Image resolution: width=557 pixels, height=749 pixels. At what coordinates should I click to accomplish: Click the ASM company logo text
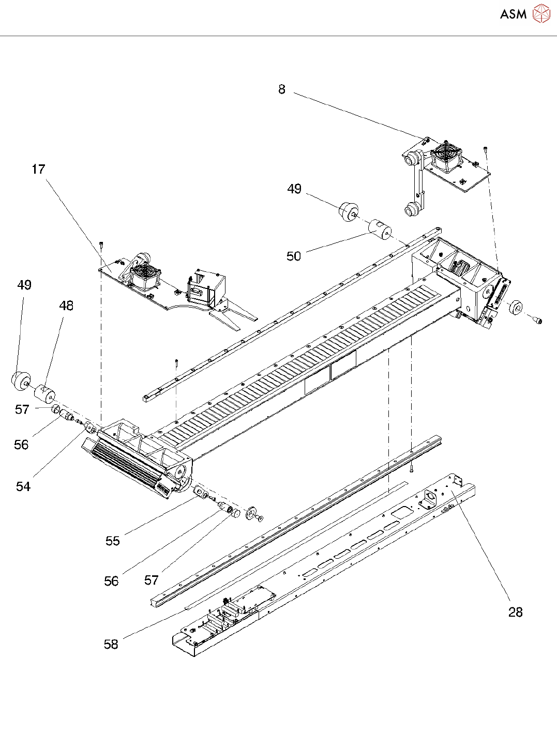[x=513, y=14]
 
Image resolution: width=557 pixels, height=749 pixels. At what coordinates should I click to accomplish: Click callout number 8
[x=281, y=89]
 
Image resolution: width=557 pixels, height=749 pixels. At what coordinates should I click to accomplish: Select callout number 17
[x=38, y=169]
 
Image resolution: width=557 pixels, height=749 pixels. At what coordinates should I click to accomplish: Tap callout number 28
[x=515, y=612]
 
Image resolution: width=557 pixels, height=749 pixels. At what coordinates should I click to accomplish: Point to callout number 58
[x=111, y=644]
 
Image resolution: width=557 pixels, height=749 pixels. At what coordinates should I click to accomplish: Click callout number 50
[x=294, y=256]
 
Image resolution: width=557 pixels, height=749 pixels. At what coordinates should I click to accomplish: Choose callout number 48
[x=66, y=305]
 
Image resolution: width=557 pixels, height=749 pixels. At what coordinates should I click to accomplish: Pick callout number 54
[x=23, y=486]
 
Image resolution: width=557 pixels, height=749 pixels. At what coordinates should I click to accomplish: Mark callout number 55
[x=113, y=541]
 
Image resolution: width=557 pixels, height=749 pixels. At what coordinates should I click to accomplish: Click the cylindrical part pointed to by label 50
[x=380, y=230]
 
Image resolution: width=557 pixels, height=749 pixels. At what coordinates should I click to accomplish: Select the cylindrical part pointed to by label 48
[x=44, y=393]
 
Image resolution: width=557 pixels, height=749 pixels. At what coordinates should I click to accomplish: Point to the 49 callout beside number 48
[x=24, y=285]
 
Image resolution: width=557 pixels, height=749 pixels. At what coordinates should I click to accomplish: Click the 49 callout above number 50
[x=294, y=189]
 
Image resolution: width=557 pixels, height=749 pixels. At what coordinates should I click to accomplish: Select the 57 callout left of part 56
[x=22, y=409]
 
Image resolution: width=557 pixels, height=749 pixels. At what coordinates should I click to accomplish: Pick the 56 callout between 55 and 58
[x=111, y=581]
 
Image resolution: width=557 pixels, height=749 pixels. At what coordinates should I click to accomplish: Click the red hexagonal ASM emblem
[x=541, y=14]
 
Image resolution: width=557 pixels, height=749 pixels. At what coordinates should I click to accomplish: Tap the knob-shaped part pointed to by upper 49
[x=348, y=211]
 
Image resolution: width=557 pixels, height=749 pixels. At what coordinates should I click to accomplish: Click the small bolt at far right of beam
[x=538, y=321]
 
